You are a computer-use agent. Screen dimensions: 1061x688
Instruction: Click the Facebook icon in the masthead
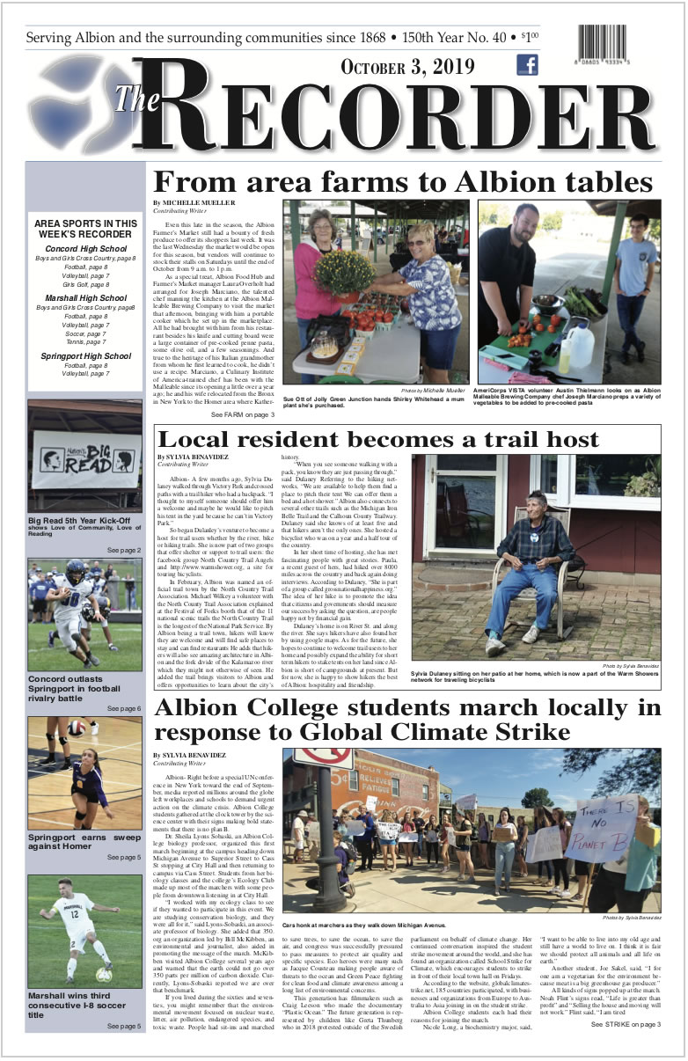pos(527,65)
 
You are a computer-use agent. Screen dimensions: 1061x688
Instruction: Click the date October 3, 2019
pos(407,69)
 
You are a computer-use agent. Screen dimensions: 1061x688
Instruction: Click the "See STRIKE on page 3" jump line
pos(626,1025)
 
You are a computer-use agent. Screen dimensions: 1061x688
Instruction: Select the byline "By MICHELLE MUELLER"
pos(187,203)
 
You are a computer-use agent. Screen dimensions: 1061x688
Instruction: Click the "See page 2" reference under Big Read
pos(123,550)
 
